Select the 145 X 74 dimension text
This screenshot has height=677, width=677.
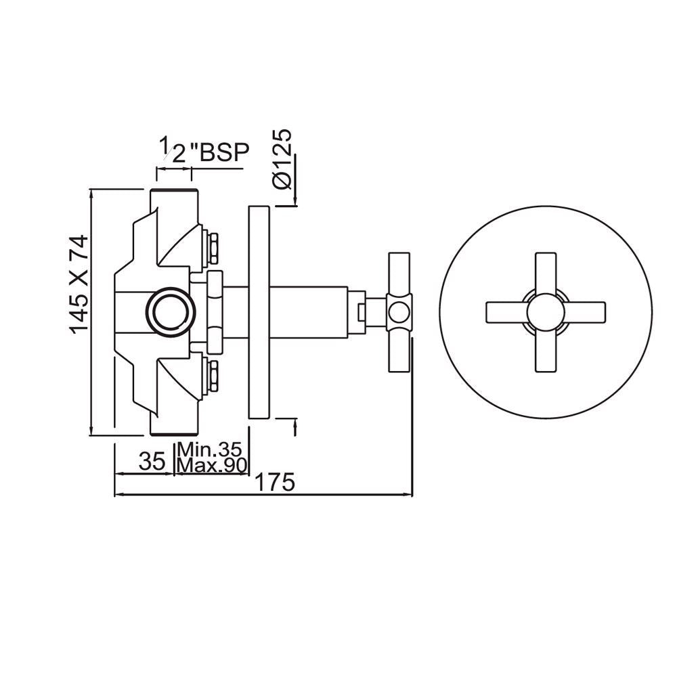point(79,282)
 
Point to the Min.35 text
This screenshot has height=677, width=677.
point(213,450)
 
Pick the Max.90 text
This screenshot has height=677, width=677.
point(213,466)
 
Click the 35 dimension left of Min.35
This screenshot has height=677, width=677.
point(152,462)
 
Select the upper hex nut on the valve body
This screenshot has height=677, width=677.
point(212,246)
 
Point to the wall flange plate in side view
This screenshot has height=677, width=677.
point(259,313)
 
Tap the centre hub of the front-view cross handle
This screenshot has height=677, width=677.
point(546,312)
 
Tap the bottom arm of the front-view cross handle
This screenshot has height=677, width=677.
point(546,351)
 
